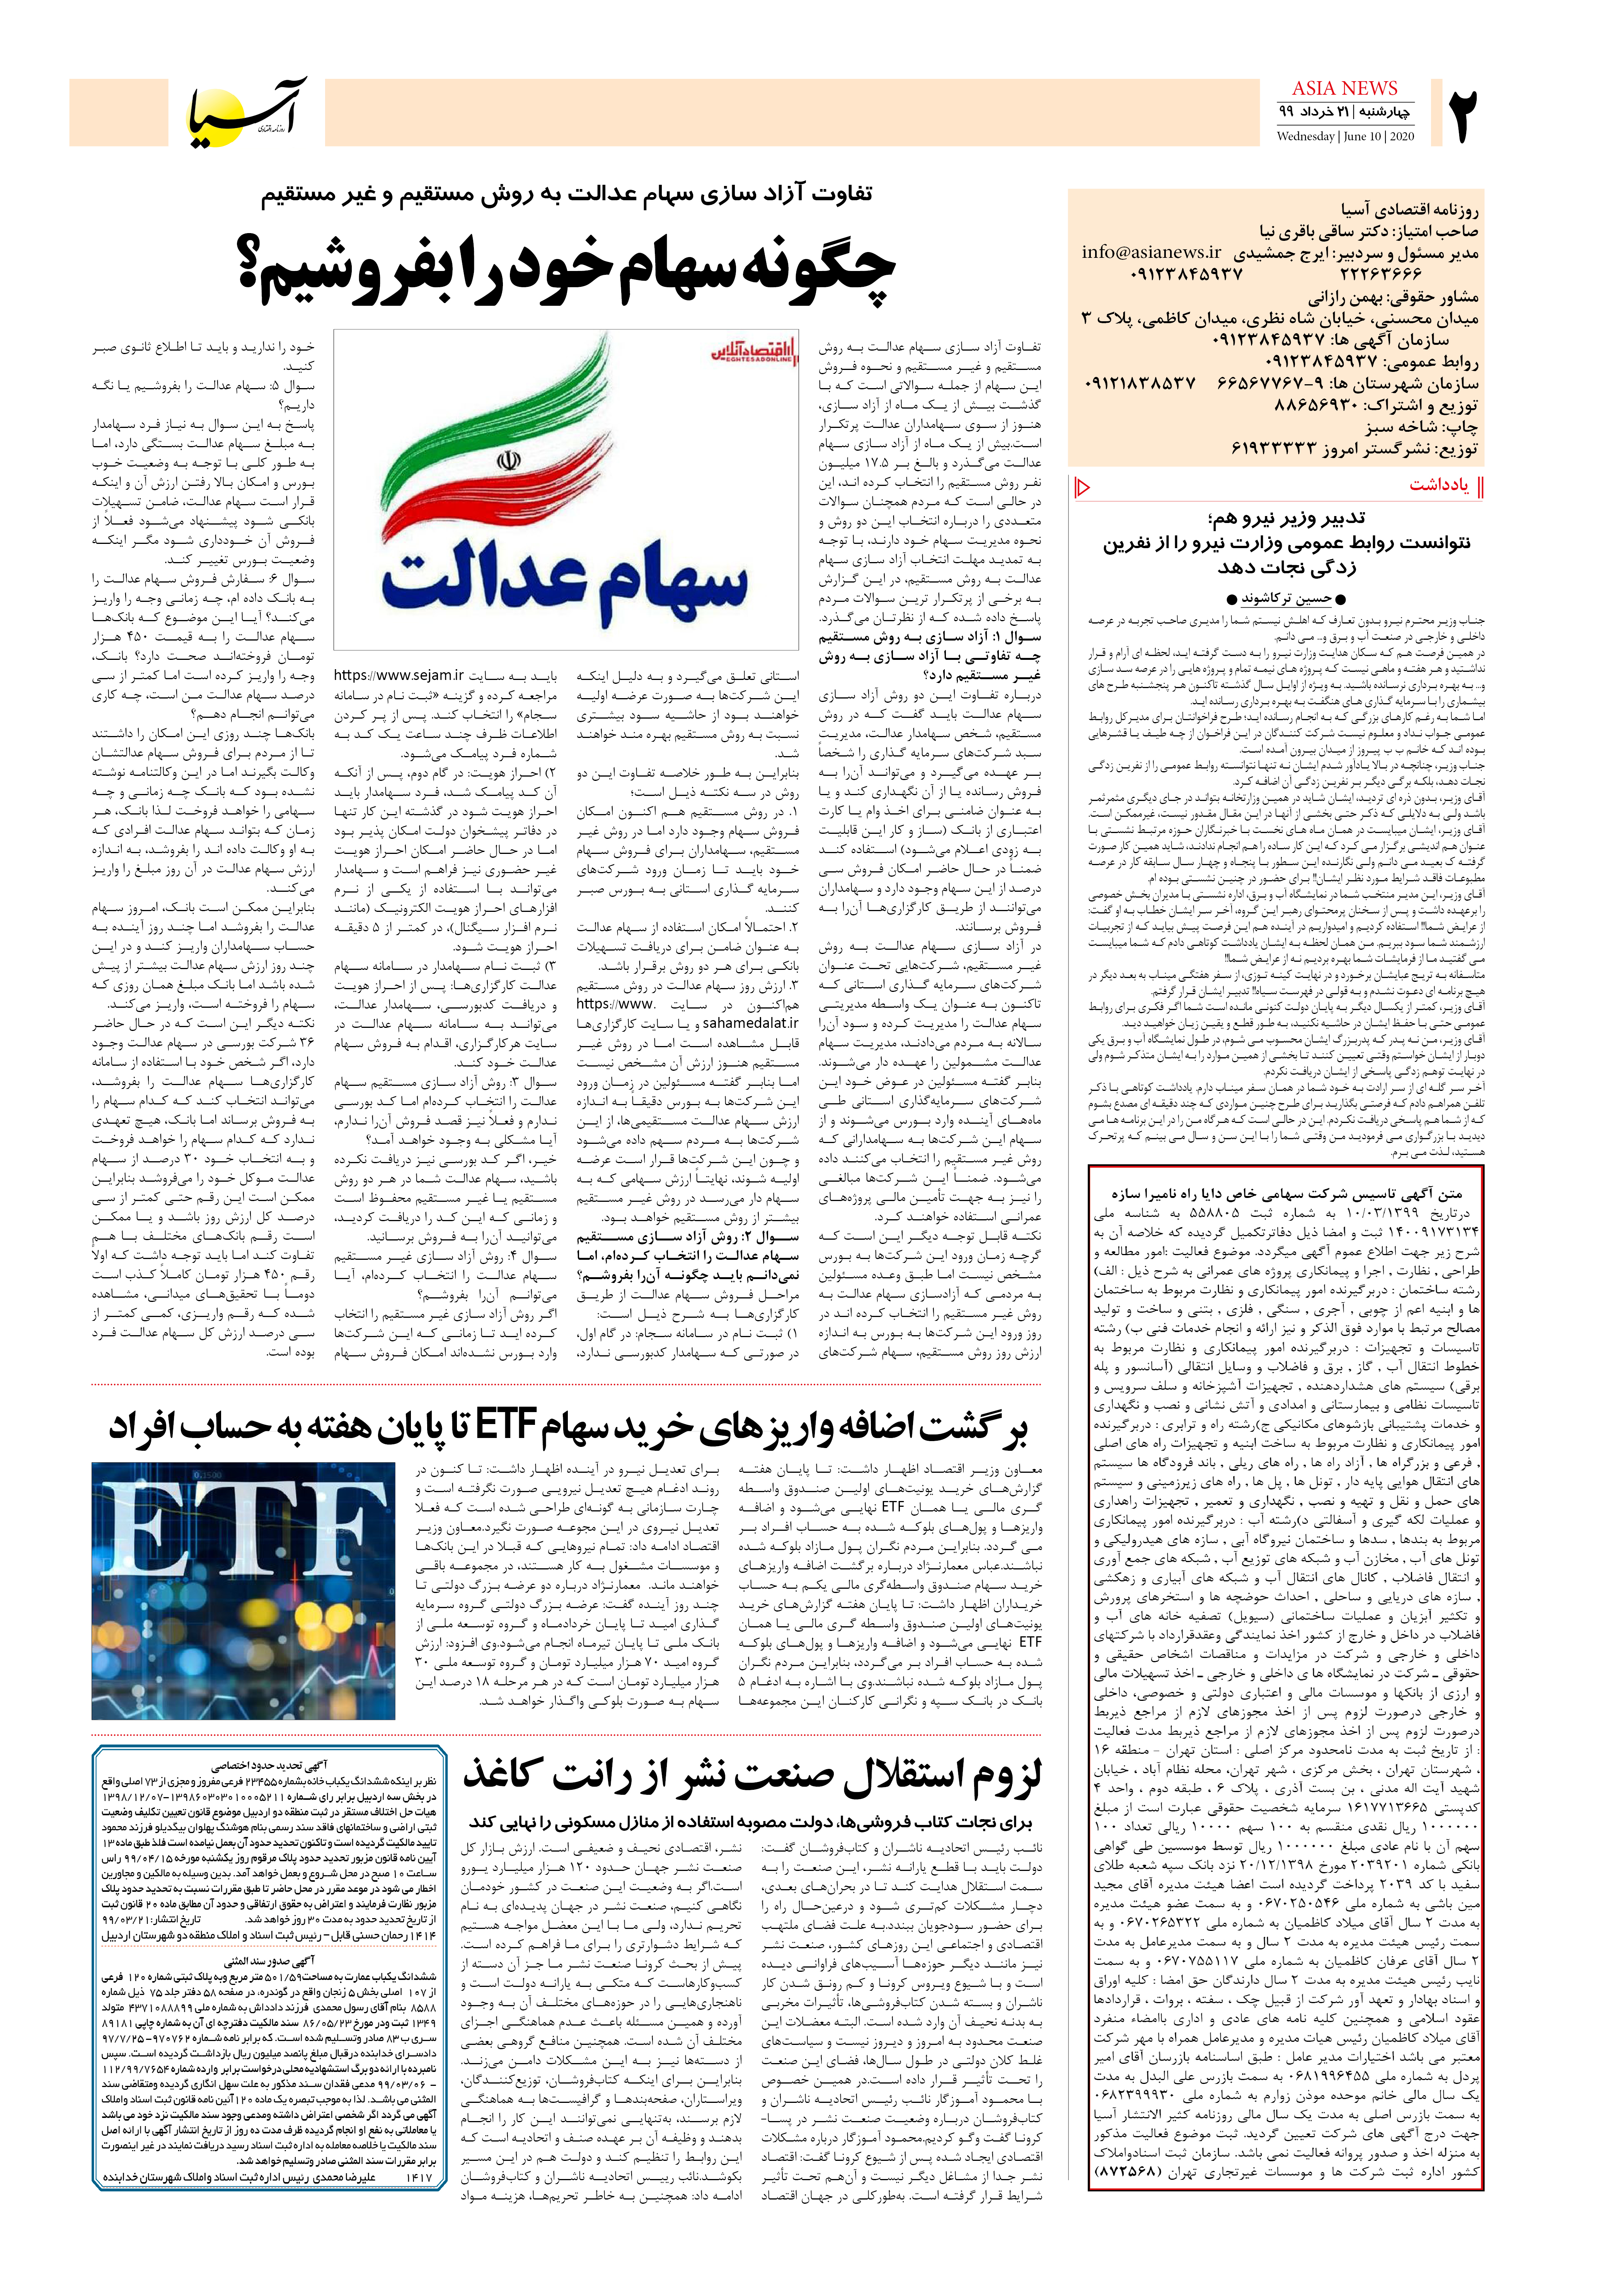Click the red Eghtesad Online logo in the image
[x=753, y=353]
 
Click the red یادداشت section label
[x=1438, y=485]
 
